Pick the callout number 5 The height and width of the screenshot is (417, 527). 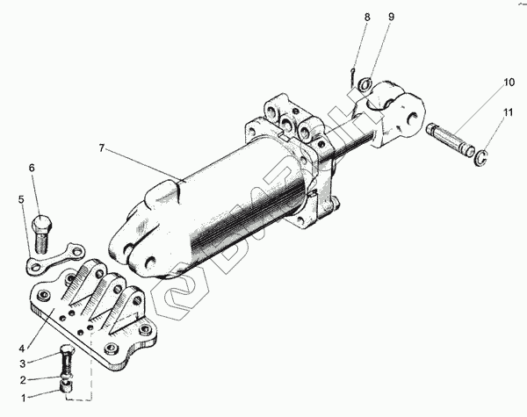21,198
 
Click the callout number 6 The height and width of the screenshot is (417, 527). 32,168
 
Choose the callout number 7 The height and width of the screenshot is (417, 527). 102,149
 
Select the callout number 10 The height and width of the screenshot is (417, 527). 508,83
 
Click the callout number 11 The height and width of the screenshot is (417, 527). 508,112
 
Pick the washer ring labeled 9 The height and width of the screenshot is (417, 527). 367,85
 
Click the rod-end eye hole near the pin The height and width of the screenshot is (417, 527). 411,113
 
